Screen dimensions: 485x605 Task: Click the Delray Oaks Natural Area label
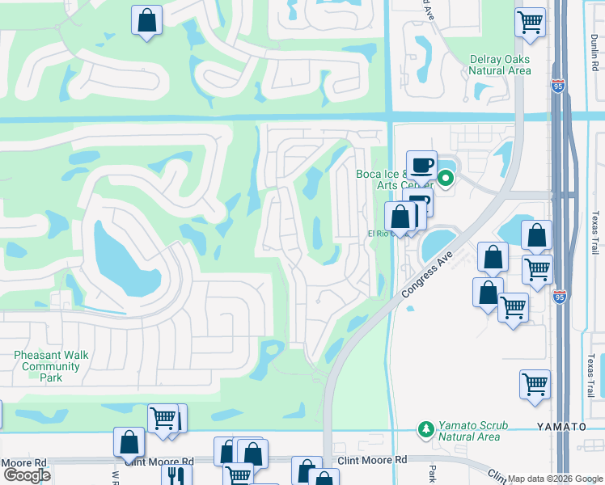500,65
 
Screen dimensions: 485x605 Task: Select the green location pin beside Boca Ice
445,178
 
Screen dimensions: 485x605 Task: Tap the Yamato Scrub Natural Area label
468,431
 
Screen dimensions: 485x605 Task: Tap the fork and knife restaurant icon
176,474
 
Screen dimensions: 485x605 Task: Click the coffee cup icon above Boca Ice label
421,164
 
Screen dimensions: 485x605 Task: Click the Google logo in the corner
26,475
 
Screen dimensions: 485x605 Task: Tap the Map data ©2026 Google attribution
555,479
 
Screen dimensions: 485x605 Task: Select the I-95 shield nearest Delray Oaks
558,83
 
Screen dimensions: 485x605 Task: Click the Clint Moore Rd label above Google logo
24,462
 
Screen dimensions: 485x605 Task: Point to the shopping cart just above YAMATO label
535,384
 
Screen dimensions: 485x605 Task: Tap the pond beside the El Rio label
438,240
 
